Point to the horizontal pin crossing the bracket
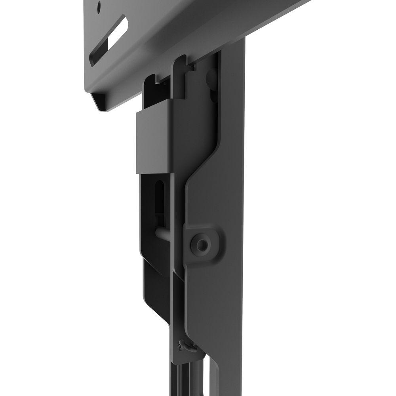[x=166, y=233]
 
